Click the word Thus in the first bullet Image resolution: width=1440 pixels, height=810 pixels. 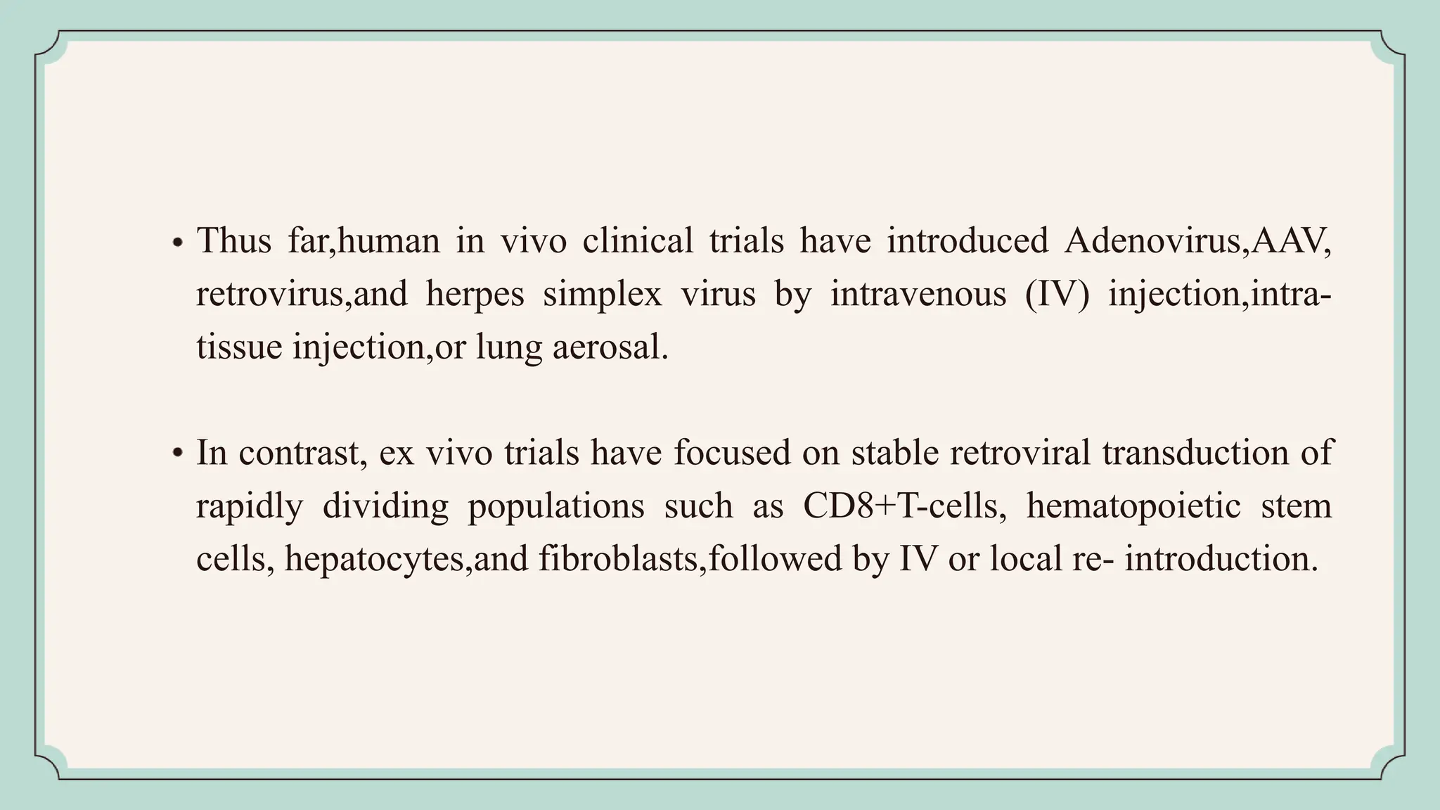(233, 241)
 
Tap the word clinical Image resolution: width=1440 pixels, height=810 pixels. (638, 241)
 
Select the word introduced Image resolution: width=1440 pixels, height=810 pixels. (967, 241)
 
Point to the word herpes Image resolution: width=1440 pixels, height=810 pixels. (475, 294)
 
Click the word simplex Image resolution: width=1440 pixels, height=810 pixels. (602, 294)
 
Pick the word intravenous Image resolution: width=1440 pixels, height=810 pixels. (918, 294)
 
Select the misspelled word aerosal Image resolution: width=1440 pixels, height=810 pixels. (610, 347)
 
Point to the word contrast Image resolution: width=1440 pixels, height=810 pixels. (303, 453)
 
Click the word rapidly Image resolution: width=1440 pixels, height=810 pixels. (249, 506)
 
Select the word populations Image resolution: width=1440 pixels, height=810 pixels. (555, 506)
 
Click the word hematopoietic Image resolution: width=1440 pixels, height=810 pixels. (1133, 506)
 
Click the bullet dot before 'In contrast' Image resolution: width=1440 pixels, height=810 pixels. (178, 454)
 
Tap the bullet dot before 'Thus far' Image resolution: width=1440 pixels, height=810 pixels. (178, 243)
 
